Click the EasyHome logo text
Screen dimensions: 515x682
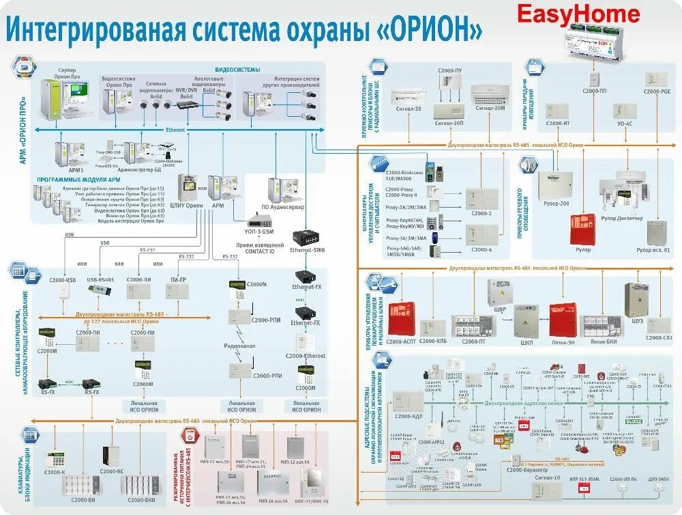578,14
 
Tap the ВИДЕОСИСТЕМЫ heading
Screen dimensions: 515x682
237,70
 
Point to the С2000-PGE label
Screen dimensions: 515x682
657,91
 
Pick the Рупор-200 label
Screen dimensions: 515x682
557,203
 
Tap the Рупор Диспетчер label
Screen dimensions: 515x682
621,219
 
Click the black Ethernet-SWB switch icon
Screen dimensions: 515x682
308,238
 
